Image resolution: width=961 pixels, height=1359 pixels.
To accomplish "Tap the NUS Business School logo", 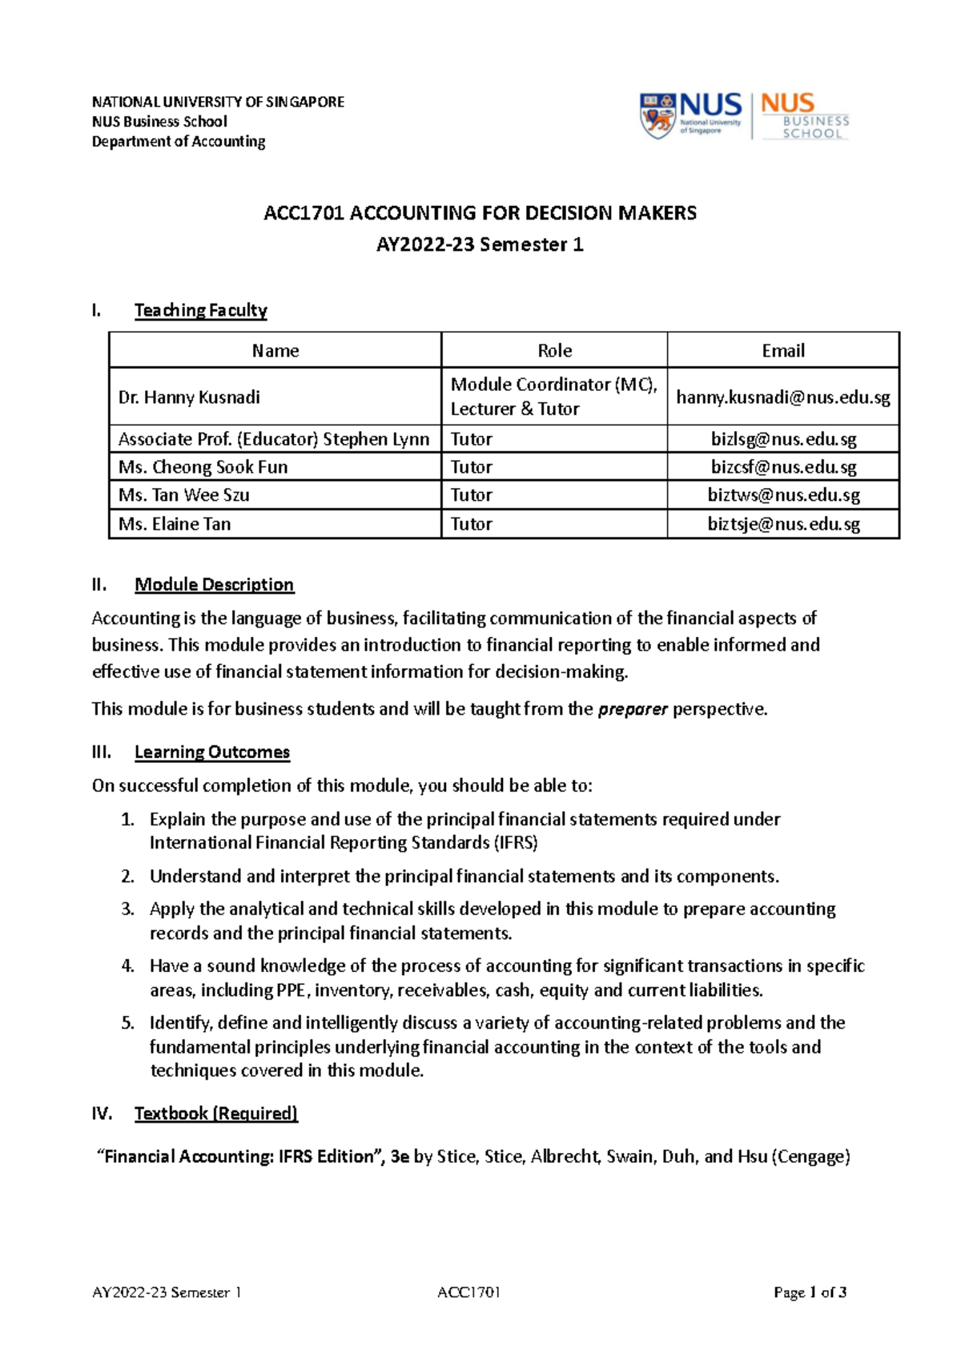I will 804,116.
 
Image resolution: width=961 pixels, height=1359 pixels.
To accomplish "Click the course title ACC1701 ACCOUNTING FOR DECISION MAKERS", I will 480,213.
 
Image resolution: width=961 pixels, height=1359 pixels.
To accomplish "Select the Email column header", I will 782,351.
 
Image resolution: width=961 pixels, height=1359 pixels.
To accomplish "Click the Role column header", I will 554,351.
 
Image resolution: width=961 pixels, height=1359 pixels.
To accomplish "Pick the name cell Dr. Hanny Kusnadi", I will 189,397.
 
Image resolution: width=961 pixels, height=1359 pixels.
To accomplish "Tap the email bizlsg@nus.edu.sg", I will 783,439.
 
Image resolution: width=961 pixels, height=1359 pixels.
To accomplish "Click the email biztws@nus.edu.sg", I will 783,495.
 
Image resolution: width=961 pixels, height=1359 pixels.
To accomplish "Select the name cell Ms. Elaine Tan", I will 175,524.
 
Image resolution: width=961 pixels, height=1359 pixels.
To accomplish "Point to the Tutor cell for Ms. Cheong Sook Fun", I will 472,467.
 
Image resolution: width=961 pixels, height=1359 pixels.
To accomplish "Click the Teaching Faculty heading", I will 200,311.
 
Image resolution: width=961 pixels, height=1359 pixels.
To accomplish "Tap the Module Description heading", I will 214,585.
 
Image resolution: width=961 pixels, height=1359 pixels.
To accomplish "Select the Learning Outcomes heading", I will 211,752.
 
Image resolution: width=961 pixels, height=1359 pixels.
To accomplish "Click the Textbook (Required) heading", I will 215,1114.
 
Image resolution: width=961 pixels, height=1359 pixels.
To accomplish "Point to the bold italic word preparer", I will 633,709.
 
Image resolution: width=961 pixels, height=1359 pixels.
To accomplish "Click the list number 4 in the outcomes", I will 127,966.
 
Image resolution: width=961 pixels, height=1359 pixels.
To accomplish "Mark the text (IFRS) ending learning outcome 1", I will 515,843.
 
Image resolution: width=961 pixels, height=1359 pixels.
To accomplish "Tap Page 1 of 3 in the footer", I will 810,1292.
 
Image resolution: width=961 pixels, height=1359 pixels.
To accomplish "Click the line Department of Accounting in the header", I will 178,142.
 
